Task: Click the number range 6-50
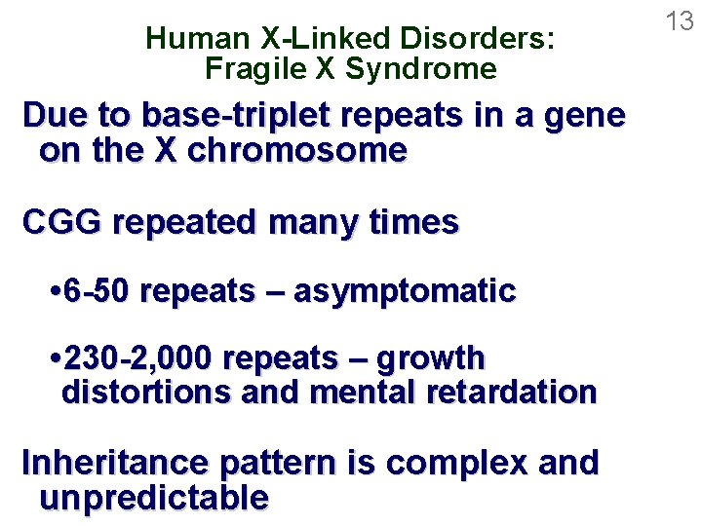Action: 98,290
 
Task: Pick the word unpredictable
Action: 154,497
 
